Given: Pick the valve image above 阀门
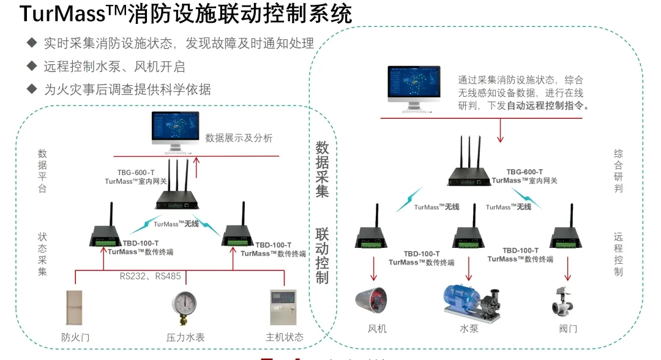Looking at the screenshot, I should (564, 302).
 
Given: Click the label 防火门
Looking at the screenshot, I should (75, 337).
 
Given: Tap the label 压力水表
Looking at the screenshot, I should (184, 337).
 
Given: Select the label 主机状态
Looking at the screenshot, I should (284, 337).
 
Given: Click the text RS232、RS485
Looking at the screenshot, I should (150, 276).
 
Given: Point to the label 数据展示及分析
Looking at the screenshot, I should (239, 138).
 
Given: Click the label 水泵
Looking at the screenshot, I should (469, 329).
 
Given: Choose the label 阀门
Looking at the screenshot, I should (567, 329).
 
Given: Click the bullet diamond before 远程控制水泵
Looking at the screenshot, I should (31, 66).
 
